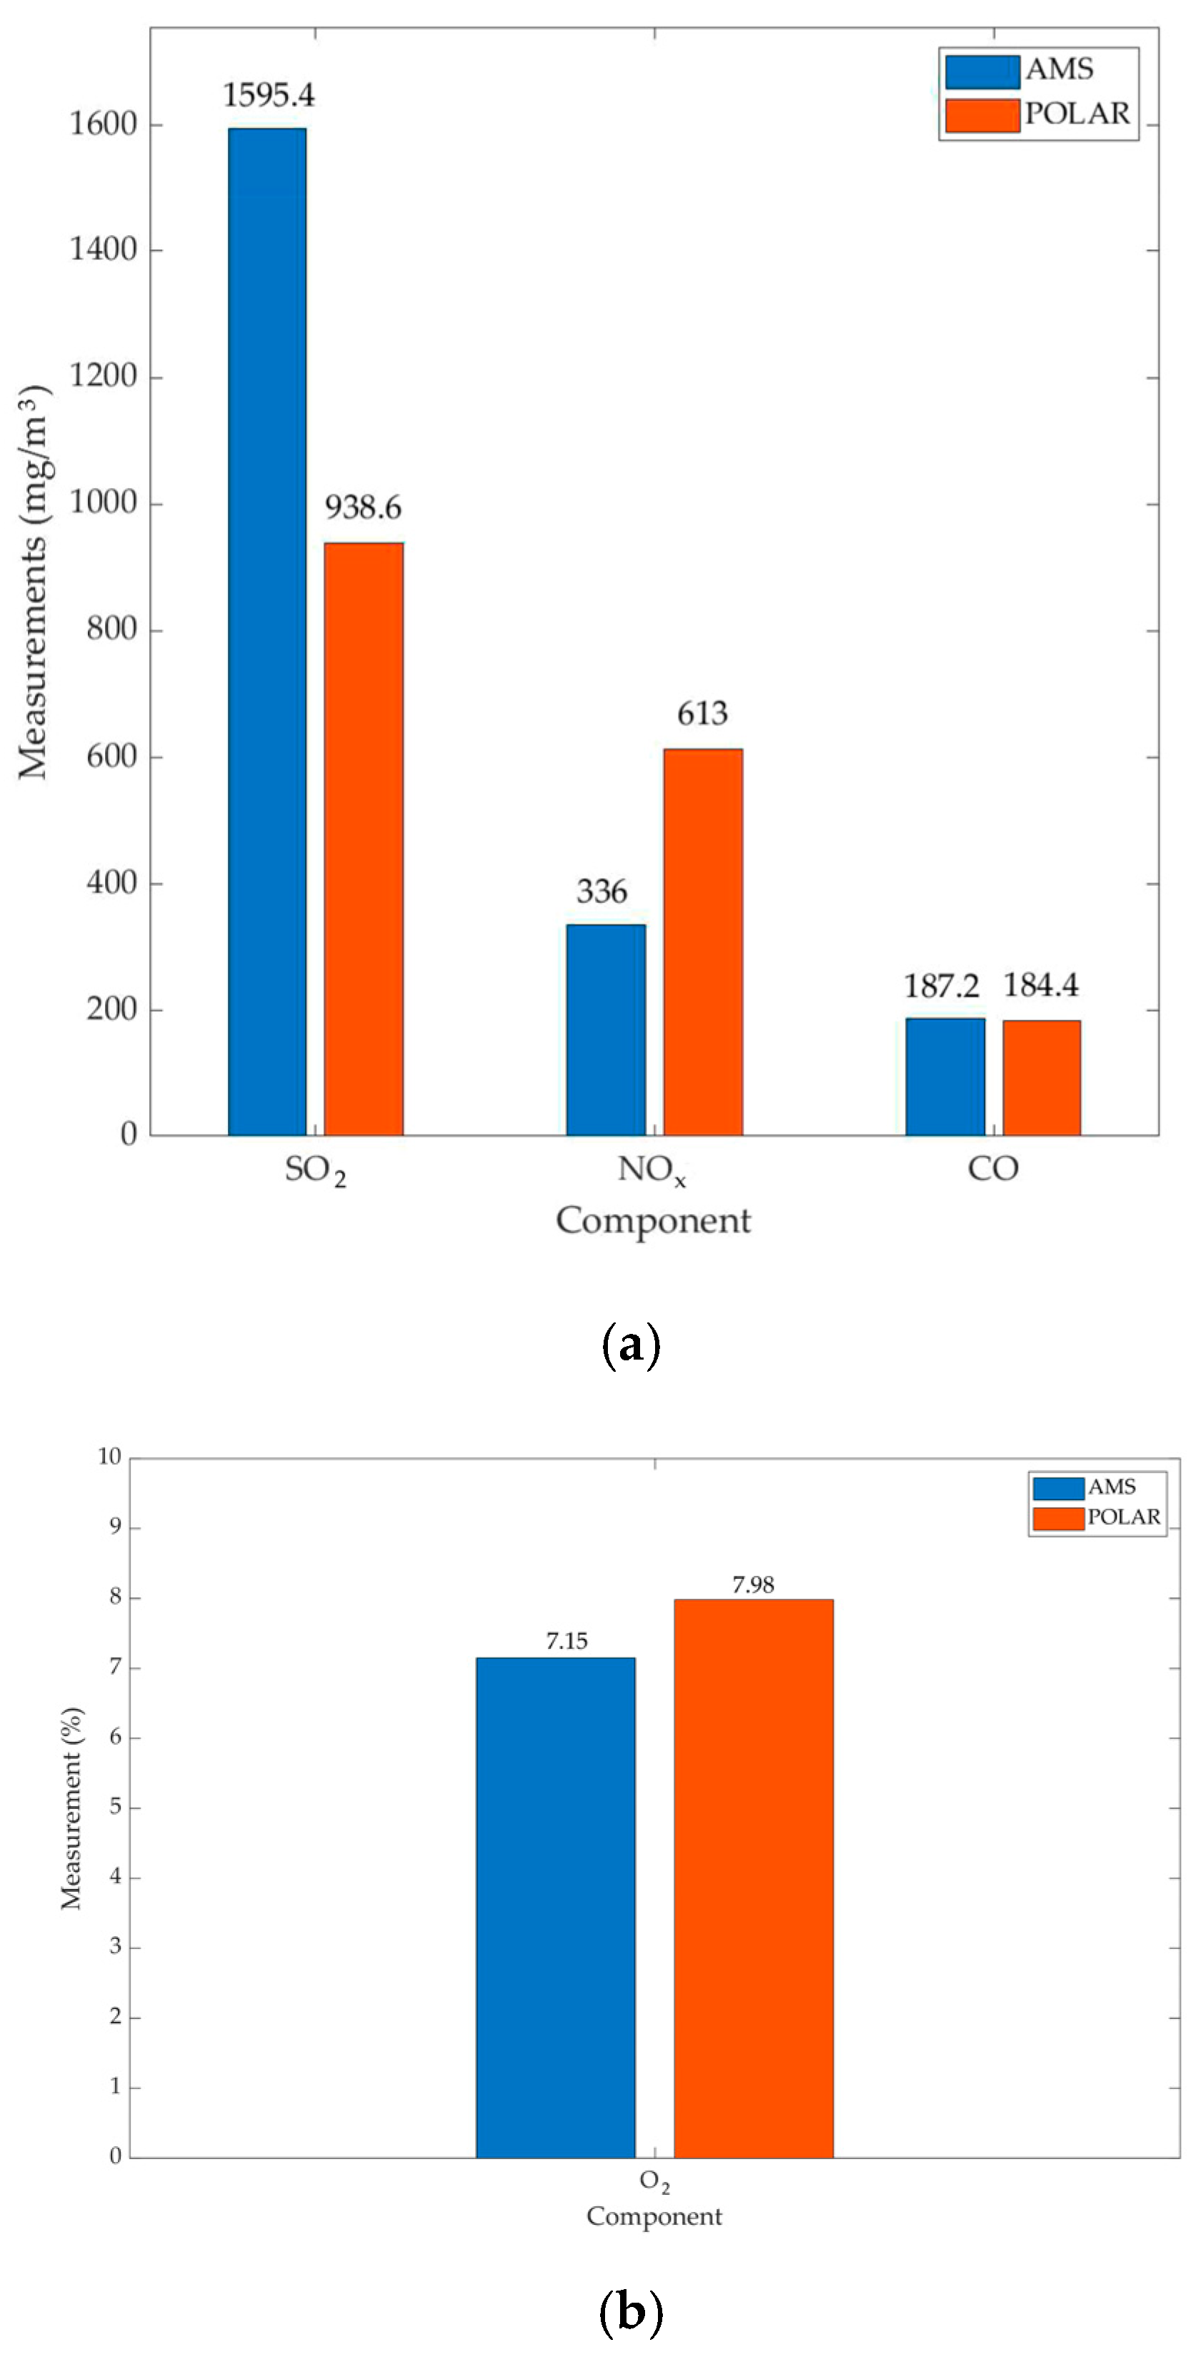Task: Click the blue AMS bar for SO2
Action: point(267,632)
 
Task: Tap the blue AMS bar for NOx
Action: point(606,1030)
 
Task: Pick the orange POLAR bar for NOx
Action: point(703,942)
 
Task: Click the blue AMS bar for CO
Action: point(945,1076)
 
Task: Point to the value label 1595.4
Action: point(269,95)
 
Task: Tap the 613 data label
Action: point(703,714)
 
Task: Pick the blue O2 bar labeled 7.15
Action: point(555,1907)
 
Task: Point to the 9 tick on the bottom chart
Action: point(115,1528)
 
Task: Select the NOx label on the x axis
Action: point(652,1170)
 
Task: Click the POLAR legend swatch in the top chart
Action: point(982,115)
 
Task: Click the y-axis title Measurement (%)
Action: point(71,1808)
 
